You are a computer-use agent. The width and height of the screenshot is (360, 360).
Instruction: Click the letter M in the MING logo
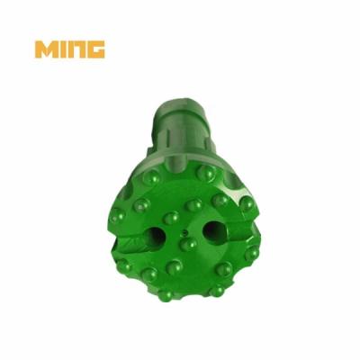(x=47, y=49)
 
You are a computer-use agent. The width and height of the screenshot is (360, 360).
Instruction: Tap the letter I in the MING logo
(x=67, y=49)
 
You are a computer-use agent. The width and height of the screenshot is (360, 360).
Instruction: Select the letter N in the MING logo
(x=81, y=49)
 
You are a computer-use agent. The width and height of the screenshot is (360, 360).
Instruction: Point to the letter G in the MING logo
(x=97, y=49)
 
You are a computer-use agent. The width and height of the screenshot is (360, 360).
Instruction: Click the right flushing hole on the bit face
(x=213, y=230)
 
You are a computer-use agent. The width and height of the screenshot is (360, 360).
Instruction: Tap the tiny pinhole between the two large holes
(x=184, y=231)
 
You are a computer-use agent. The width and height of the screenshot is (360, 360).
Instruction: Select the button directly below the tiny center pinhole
(x=188, y=244)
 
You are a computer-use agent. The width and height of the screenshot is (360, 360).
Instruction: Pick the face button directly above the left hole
(x=171, y=218)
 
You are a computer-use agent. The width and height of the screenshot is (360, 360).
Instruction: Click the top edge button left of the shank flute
(x=151, y=177)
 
